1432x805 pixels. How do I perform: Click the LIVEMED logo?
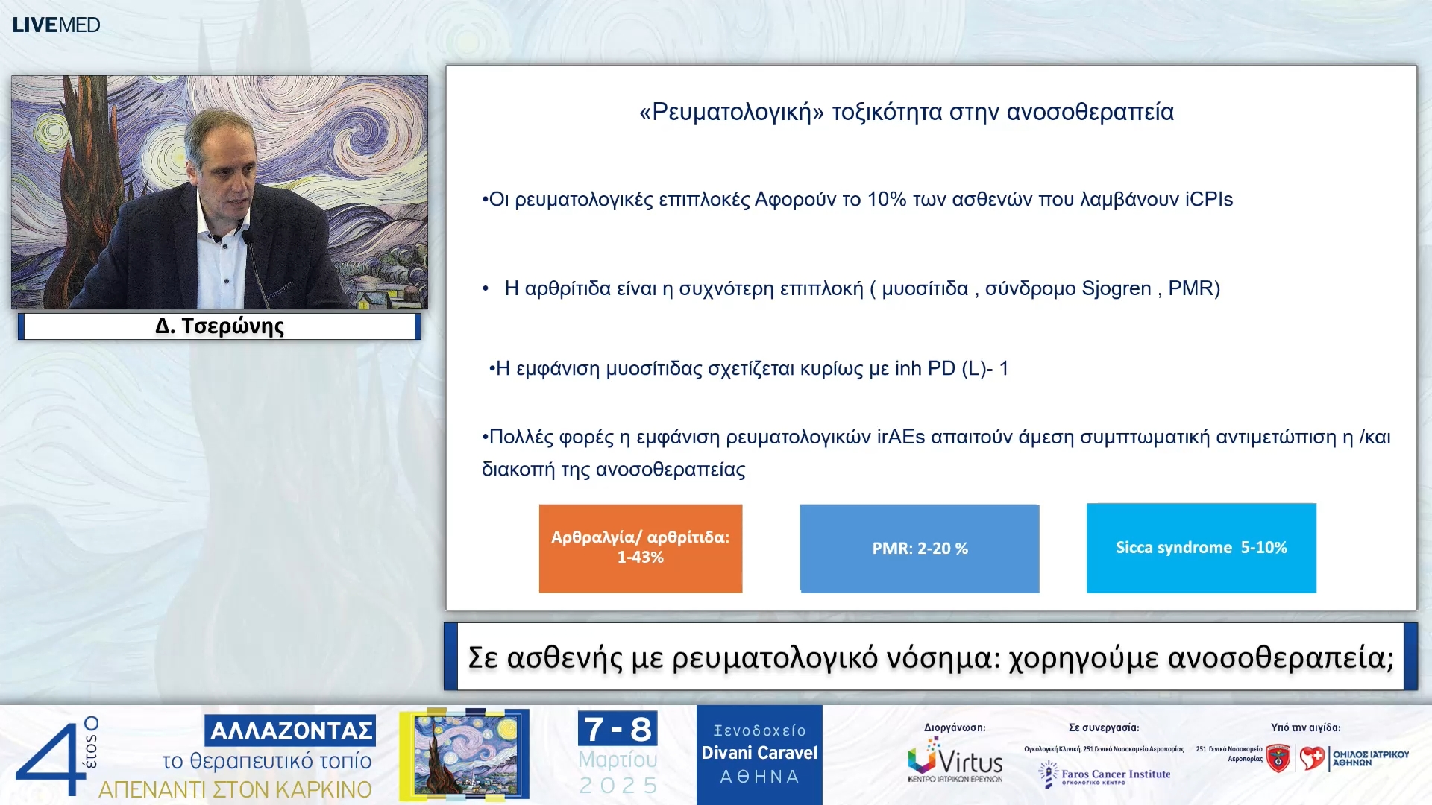tap(56, 25)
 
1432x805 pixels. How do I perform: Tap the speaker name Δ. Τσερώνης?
tap(219, 326)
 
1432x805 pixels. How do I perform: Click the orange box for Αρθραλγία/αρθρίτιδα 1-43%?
tap(640, 548)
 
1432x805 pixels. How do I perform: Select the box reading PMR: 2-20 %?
tap(919, 549)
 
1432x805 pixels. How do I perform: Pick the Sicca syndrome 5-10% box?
tap(1201, 548)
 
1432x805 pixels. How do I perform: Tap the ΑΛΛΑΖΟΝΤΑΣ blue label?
tap(290, 730)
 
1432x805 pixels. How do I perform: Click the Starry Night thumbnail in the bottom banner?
tap(465, 754)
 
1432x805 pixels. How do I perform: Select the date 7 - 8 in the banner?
tap(617, 729)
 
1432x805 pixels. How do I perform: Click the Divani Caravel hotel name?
tap(759, 753)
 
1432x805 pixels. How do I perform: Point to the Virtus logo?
tap(955, 760)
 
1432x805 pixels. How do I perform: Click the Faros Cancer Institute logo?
tap(1105, 775)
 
